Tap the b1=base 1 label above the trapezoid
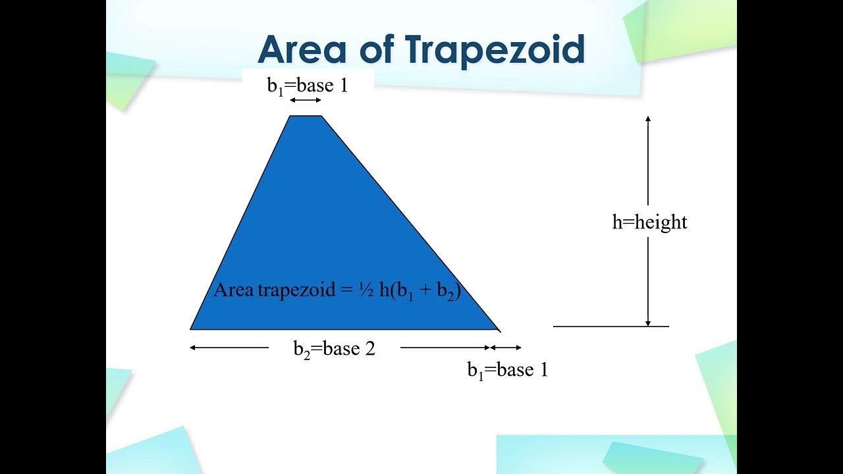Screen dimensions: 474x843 click(x=307, y=86)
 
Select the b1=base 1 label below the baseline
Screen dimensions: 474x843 click(x=507, y=370)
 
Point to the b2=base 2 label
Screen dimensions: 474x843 click(x=334, y=348)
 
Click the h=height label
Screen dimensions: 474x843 click(x=649, y=222)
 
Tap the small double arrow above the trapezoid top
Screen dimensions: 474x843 click(x=306, y=100)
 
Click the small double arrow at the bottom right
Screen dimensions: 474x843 click(x=506, y=348)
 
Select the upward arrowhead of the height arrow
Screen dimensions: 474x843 click(x=648, y=119)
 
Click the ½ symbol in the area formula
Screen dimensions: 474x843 click(x=366, y=290)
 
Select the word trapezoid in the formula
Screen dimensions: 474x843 click(x=296, y=290)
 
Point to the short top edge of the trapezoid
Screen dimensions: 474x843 click(x=306, y=116)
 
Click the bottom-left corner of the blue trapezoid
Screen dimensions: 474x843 click(x=192, y=328)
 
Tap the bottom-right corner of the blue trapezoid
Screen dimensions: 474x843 click(x=498, y=329)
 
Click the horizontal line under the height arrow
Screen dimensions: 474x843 click(x=611, y=326)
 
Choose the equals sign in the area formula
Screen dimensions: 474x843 click(x=347, y=290)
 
